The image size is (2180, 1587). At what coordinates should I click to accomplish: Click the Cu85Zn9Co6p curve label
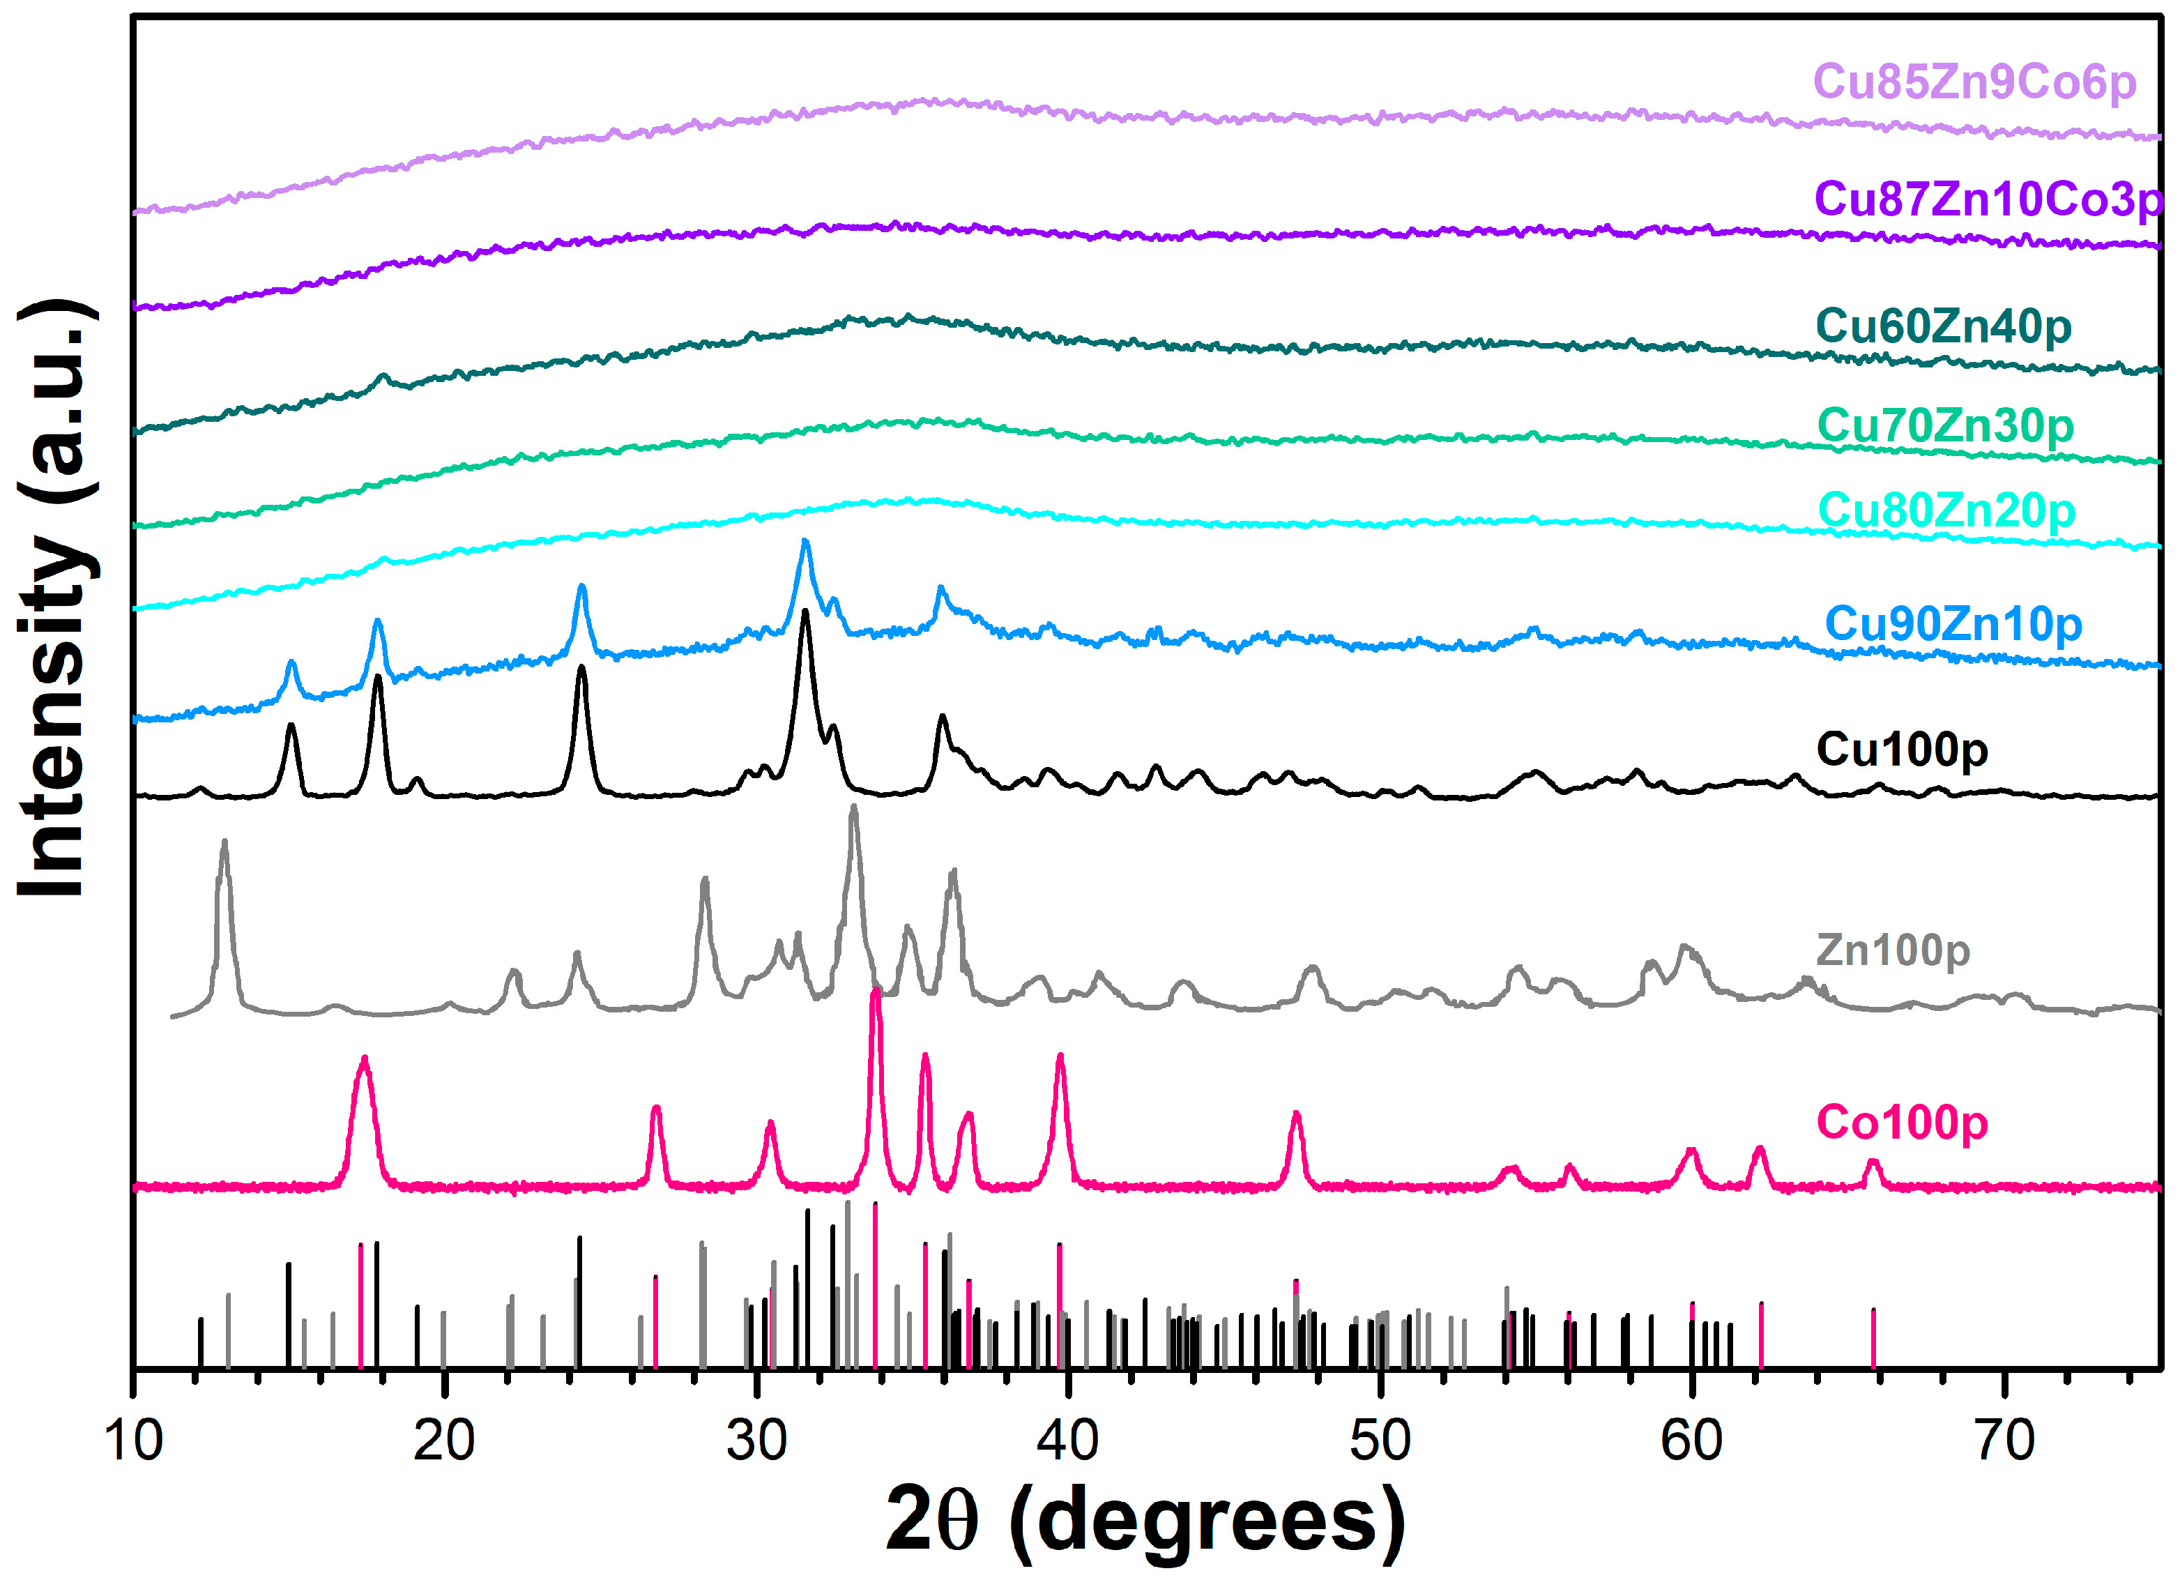1974,83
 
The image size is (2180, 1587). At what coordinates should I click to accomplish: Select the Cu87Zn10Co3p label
1988,200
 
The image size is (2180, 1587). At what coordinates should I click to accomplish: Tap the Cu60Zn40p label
1942,327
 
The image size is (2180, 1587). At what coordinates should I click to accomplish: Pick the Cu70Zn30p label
1944,426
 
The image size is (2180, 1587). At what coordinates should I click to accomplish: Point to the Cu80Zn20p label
1946,510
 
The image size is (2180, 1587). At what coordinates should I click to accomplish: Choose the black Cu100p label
1901,750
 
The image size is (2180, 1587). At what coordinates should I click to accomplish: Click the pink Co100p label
1901,1123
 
